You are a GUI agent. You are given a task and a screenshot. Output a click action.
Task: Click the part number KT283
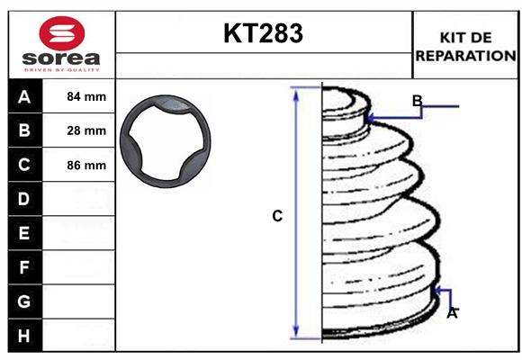pyautogui.click(x=263, y=33)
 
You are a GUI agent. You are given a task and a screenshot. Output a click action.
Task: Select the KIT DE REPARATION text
pyautogui.click(x=466, y=47)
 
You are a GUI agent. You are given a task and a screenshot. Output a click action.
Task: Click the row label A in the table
pyautogui.click(x=24, y=96)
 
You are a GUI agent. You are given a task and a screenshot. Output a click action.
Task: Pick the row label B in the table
pyautogui.click(x=24, y=130)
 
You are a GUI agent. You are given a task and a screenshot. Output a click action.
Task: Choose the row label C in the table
pyautogui.click(x=24, y=165)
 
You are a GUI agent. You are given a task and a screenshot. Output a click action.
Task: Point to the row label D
pyautogui.click(x=24, y=199)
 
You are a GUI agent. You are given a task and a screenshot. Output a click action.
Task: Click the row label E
pyautogui.click(x=24, y=233)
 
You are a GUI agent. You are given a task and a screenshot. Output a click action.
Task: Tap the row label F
pyautogui.click(x=24, y=267)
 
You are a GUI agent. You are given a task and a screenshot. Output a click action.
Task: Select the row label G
pyautogui.click(x=24, y=301)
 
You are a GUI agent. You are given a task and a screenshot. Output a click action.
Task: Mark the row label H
pyautogui.click(x=24, y=336)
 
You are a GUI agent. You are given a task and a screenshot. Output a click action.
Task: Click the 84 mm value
pyautogui.click(x=86, y=96)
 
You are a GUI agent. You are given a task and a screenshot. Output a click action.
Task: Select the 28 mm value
pyautogui.click(x=86, y=130)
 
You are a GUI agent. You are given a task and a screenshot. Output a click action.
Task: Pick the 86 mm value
pyautogui.click(x=86, y=165)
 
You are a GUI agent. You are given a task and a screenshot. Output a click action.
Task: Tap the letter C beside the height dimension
pyautogui.click(x=277, y=216)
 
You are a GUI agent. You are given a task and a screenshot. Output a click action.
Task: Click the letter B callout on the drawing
pyautogui.click(x=417, y=100)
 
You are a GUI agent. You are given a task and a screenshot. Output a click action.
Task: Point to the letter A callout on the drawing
pyautogui.click(x=452, y=313)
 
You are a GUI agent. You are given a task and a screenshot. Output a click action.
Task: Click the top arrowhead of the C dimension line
pyautogui.click(x=296, y=93)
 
